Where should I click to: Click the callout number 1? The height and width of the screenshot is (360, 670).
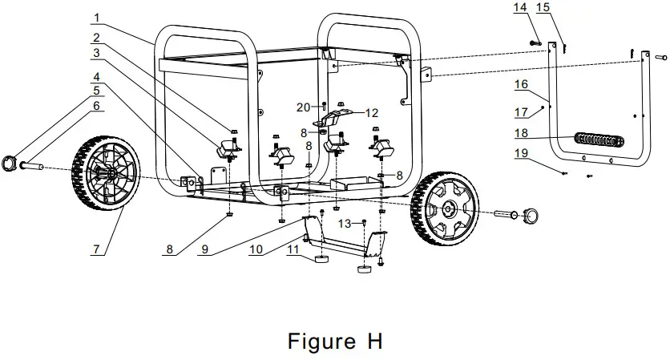(x=96, y=18)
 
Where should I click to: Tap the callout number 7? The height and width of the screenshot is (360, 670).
(x=96, y=250)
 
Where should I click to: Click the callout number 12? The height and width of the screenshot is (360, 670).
(x=371, y=112)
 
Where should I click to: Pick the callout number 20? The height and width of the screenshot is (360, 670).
(x=303, y=107)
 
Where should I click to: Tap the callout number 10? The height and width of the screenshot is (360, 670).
(x=256, y=250)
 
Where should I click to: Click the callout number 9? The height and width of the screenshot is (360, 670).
(x=206, y=250)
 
